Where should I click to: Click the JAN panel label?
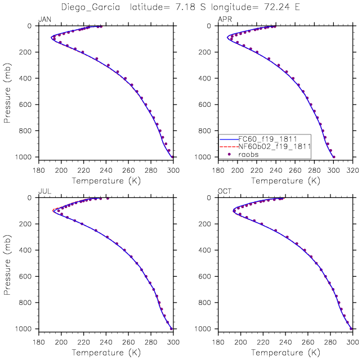[43, 20]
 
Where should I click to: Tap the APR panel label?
[225, 20]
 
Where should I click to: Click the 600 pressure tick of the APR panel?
[208, 105]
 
